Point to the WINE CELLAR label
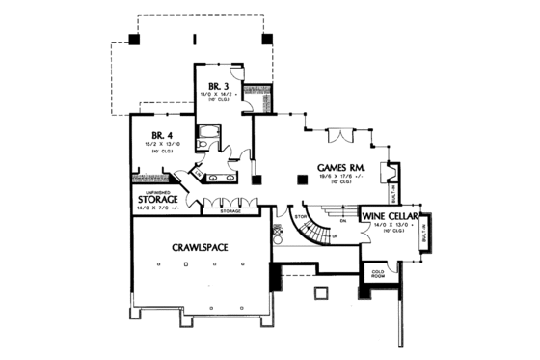(x=390, y=216)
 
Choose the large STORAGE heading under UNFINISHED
(x=155, y=200)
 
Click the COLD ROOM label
(x=379, y=277)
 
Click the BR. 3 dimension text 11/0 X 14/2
(x=217, y=93)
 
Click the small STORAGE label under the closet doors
(x=230, y=209)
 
